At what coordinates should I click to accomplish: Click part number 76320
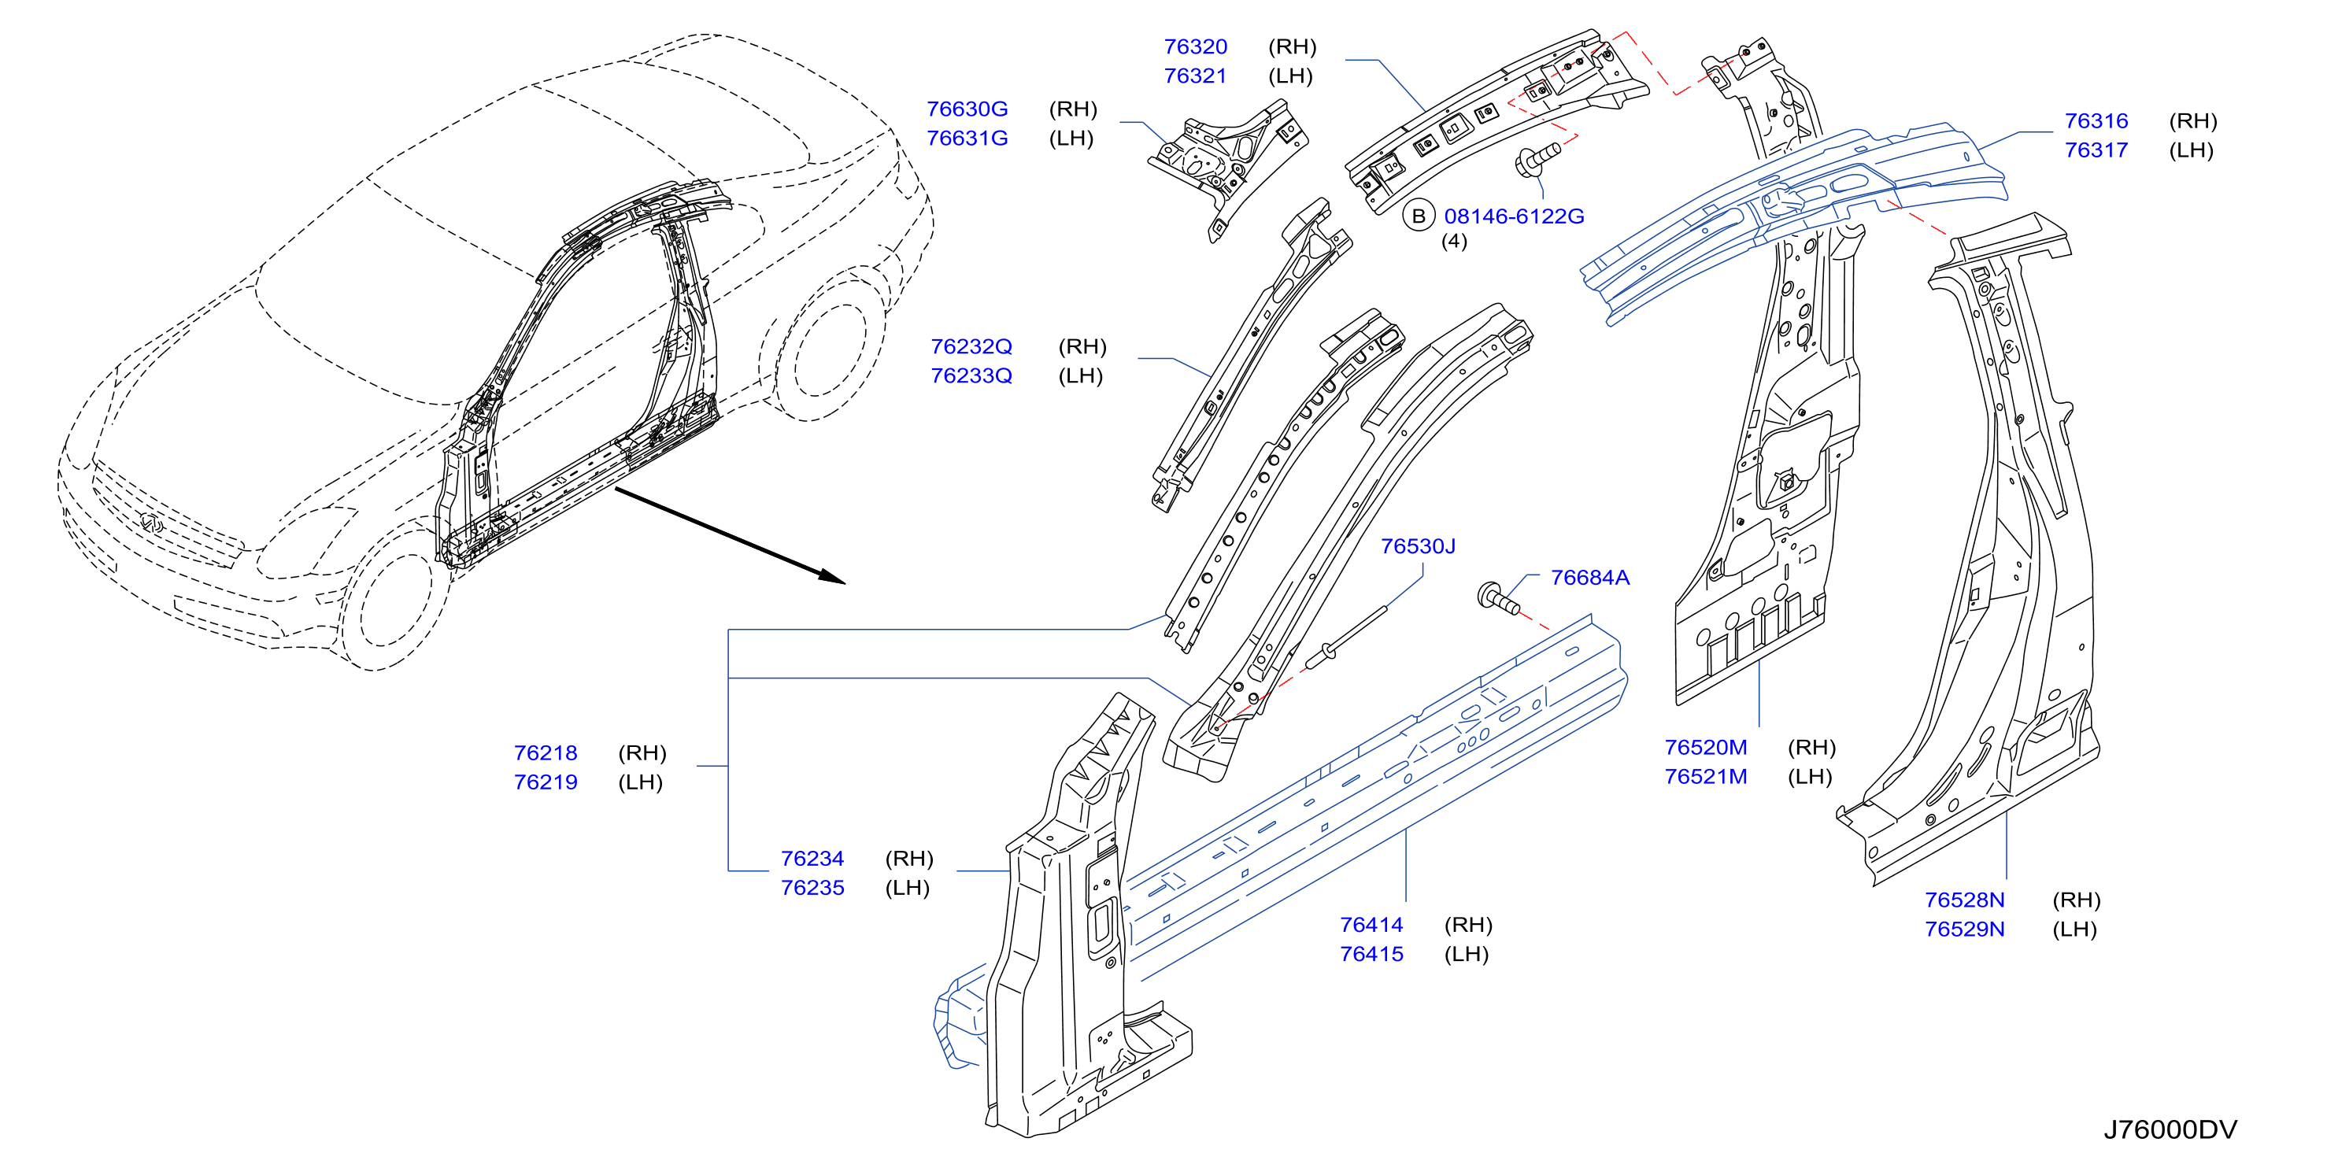coord(1195,47)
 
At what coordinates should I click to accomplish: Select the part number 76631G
coord(967,139)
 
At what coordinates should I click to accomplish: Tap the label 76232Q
coord(971,347)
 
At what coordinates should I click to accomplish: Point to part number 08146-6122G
coord(1514,216)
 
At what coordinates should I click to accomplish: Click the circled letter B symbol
coord(1419,216)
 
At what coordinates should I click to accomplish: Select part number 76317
coord(2096,150)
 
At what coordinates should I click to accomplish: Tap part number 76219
coord(546,782)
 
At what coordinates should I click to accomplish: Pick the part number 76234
coord(812,859)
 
